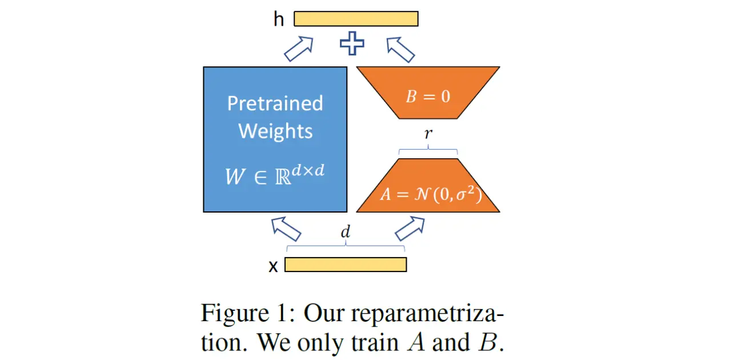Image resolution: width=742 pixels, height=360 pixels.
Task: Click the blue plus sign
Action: [x=352, y=44]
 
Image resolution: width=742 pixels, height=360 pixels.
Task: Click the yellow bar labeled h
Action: [x=356, y=19]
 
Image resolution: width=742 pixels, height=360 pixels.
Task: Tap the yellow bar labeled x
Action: [x=346, y=265]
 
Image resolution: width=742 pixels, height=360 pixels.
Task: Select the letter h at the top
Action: [x=279, y=19]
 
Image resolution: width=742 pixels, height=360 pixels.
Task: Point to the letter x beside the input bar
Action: [x=274, y=266]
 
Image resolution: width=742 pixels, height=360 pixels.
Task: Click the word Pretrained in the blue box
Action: [x=275, y=103]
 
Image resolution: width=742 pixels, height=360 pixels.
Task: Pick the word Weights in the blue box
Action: [x=275, y=131]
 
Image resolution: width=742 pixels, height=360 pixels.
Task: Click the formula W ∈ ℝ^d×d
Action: [x=275, y=174]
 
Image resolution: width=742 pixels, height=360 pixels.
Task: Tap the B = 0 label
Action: [x=428, y=96]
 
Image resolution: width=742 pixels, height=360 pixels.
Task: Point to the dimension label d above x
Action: [x=345, y=233]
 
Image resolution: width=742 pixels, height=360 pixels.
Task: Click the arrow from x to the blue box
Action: [x=286, y=229]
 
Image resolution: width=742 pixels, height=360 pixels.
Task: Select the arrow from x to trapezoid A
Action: [x=410, y=229]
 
